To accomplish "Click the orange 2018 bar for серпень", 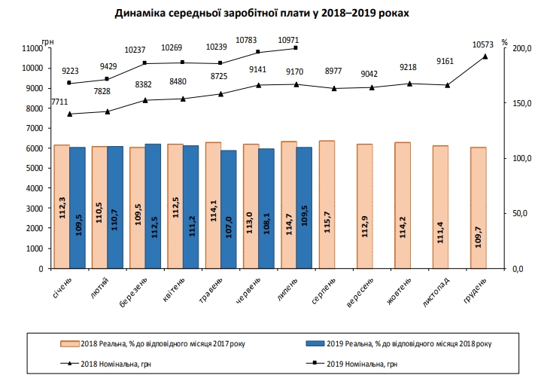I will (327, 204).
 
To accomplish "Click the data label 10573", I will (482, 44).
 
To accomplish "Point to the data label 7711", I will (59, 102).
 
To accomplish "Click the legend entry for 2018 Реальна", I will (154, 343).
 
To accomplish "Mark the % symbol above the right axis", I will (505, 42).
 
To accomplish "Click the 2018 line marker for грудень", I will (485, 56).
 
